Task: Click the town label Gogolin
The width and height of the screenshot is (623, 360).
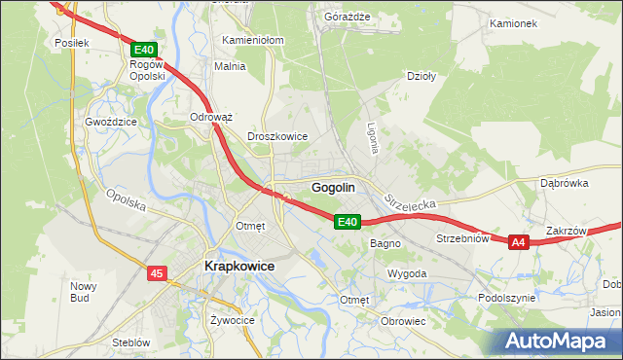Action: (332, 187)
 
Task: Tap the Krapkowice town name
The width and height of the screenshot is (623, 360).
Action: (238, 266)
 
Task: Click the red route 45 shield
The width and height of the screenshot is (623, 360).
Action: (158, 274)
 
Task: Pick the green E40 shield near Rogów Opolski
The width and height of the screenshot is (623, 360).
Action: (143, 49)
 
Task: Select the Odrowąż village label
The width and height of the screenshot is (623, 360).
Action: (211, 117)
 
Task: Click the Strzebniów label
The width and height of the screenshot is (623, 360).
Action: (461, 238)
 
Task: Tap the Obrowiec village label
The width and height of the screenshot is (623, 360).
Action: (404, 321)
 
